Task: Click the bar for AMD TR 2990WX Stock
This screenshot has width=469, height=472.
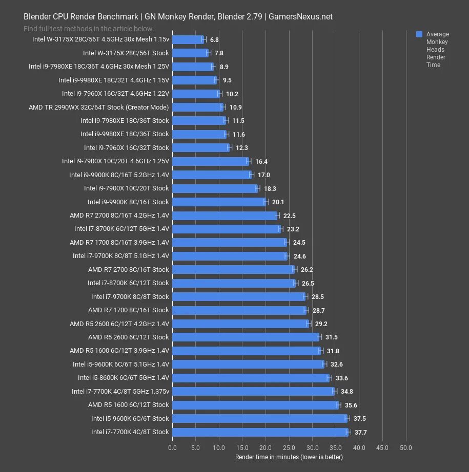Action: (x=197, y=107)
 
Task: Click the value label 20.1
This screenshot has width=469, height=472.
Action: (x=278, y=202)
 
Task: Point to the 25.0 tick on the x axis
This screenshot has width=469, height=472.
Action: (x=289, y=447)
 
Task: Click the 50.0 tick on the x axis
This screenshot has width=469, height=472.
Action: (x=406, y=447)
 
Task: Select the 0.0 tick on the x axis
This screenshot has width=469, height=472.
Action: (x=173, y=447)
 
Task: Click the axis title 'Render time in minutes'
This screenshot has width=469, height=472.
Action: (x=289, y=456)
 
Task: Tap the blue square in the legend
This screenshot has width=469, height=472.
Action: (x=419, y=34)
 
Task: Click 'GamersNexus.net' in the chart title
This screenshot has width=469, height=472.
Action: (x=300, y=16)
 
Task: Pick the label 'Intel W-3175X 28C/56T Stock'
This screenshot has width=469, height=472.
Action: (x=126, y=53)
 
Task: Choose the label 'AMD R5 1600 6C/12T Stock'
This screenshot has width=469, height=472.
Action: (x=128, y=404)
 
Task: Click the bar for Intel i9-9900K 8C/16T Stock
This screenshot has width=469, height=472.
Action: (x=219, y=202)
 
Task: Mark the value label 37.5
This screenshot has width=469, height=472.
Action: (x=359, y=418)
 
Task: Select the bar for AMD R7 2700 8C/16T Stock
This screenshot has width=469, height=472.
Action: (x=233, y=269)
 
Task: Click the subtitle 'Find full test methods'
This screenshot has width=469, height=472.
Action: (x=89, y=29)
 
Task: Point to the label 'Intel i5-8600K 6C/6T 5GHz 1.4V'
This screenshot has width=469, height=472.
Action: (x=123, y=377)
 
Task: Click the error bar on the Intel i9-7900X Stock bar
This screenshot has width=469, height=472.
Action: (x=258, y=188)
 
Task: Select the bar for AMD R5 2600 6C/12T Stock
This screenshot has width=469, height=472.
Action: (x=246, y=337)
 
